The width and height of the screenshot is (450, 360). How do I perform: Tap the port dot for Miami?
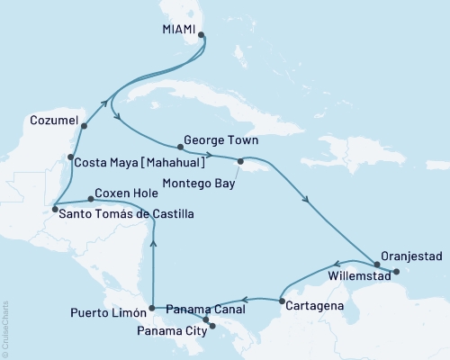point(202,36)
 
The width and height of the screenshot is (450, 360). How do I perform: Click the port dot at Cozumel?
point(84,126)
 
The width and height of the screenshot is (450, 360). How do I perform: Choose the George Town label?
point(220,141)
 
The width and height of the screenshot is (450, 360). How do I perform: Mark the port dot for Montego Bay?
point(239,162)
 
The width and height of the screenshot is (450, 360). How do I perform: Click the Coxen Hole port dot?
point(89,199)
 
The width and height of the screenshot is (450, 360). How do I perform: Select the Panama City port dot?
point(213,326)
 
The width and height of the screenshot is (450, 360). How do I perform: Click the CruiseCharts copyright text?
point(6,324)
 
